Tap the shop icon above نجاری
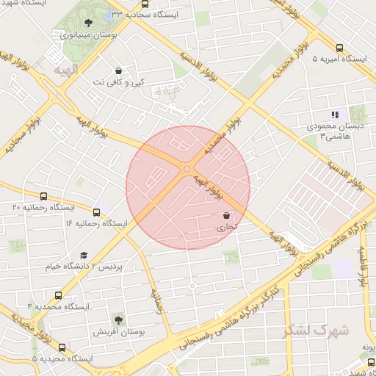(225, 216)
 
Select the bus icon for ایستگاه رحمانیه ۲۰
(43, 197)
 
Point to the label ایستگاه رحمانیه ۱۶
(96, 223)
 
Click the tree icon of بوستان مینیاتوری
(89, 23)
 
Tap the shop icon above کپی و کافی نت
(118, 71)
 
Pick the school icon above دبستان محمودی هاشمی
(335, 115)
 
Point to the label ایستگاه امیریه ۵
(339, 58)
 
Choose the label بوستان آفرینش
(119, 332)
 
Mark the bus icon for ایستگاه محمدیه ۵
(61, 347)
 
